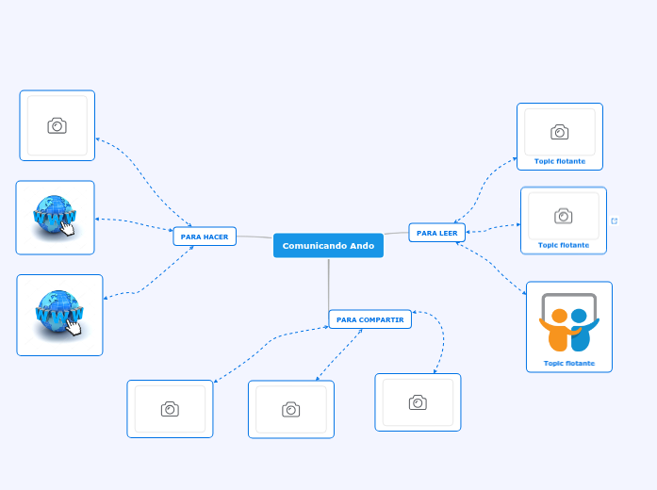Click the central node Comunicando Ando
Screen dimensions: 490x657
(328, 246)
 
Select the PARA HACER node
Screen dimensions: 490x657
(205, 237)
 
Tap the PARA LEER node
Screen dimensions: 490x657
(436, 233)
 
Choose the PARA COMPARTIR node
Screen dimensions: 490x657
(370, 319)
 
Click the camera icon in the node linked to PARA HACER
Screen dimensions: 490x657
(57, 125)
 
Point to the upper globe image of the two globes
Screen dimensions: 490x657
(54, 215)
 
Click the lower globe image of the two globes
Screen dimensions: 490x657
(58, 312)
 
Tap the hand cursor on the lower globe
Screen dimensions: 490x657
(74, 326)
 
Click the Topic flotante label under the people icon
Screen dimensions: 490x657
(568, 363)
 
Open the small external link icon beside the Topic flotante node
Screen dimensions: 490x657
(615, 220)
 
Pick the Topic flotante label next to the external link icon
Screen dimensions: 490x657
(563, 245)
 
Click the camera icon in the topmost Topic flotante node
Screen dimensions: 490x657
(559, 132)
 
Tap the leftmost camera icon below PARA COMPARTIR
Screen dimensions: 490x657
(170, 409)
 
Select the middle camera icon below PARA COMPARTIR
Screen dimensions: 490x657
(290, 409)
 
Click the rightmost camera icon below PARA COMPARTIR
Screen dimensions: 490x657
(418, 402)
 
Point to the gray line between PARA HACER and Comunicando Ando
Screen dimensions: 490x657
(255, 237)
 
